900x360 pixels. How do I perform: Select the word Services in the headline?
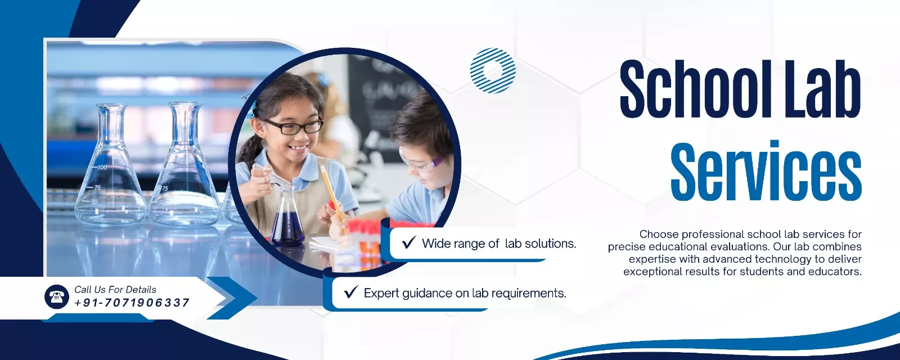pos(766,171)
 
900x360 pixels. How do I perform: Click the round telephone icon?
pos(57,296)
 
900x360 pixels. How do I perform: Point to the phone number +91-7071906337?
pos(132,303)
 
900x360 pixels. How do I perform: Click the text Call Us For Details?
pos(115,289)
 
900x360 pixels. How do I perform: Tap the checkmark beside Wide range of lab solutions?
pos(408,242)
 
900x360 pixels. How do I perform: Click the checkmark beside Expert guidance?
pos(351,292)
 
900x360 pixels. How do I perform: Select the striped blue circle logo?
pos(493,71)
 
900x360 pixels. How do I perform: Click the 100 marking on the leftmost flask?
pos(102,167)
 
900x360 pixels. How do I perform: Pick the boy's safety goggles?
pos(420,161)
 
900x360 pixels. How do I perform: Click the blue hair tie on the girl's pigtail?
pos(251,109)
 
